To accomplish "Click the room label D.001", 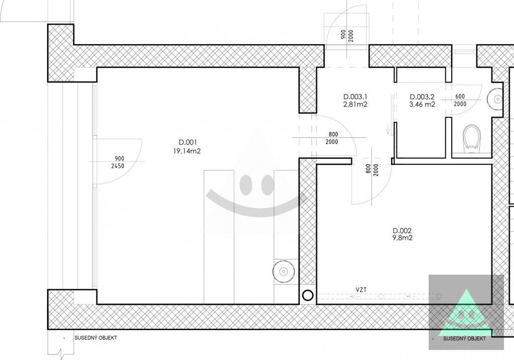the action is tap(188, 142).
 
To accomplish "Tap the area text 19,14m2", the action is tap(187, 151).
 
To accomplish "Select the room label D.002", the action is tap(402, 231).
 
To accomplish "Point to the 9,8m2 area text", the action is tap(402, 238).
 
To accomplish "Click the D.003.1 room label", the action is tap(355, 97).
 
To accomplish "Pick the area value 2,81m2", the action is tap(355, 104).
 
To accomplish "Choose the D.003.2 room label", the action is tap(422, 97).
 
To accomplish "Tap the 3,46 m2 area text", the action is tap(422, 104).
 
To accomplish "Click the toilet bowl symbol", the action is tap(471, 139).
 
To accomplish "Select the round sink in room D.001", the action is tap(284, 272).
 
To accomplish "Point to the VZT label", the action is tap(361, 290).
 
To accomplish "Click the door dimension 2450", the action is tap(117, 166).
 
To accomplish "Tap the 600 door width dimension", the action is tap(460, 96).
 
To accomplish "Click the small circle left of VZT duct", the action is tap(308, 296).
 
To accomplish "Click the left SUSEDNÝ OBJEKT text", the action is tap(96, 338).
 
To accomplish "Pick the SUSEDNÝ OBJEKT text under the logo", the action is tap(464, 339).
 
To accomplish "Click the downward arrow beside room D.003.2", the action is tap(388, 129).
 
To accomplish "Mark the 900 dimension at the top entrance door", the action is tap(343, 35).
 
